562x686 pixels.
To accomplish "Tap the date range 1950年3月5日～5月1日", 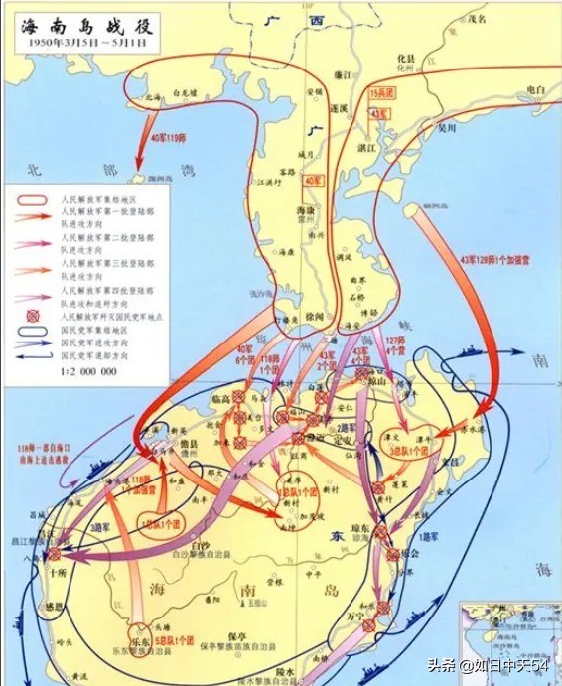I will (x=78, y=45).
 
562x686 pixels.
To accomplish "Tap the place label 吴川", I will (x=448, y=126).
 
